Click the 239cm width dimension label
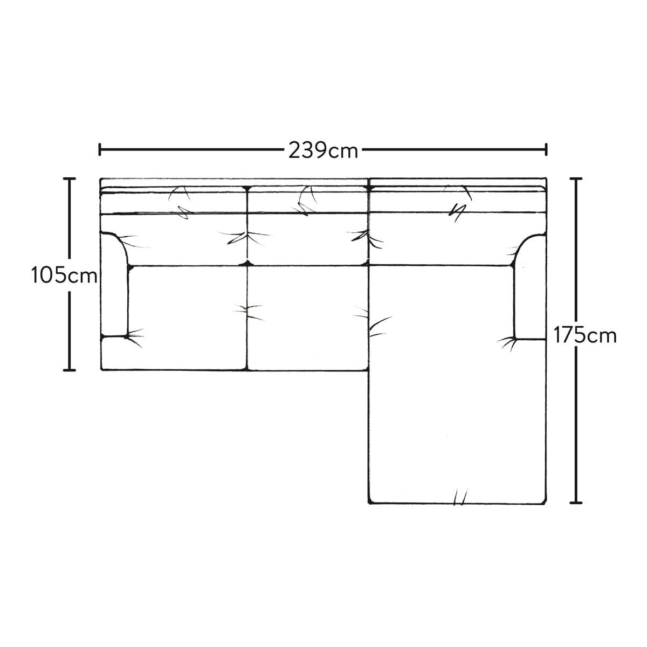point(323,150)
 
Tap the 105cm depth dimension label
point(65,275)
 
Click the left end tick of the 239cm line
point(100,149)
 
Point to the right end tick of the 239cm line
point(546,149)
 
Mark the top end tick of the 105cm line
point(70,178)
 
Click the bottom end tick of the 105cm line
point(70,370)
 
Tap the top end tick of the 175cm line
point(576,178)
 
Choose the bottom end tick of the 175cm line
point(576,512)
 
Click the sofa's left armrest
point(114,285)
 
